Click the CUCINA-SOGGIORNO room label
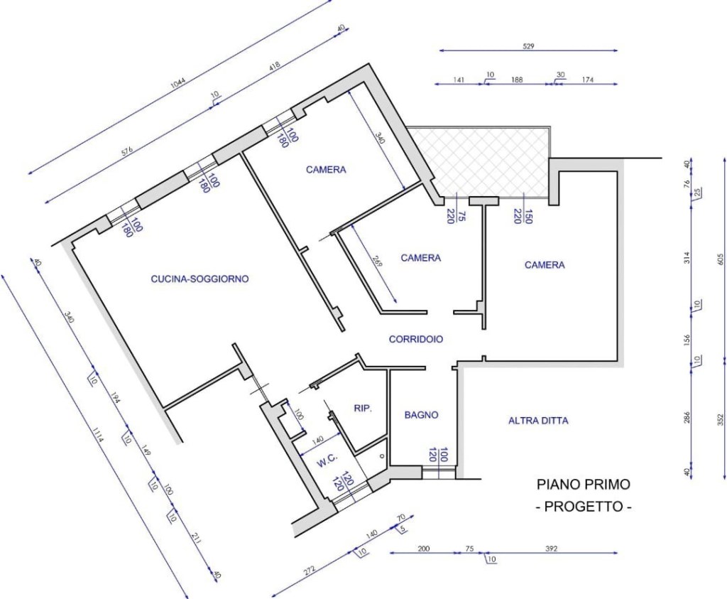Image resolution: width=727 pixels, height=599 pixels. click(x=199, y=279)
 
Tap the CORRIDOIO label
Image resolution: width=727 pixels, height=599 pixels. click(x=416, y=339)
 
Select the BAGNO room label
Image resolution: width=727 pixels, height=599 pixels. click(x=421, y=415)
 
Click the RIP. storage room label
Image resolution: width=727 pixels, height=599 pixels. click(x=363, y=409)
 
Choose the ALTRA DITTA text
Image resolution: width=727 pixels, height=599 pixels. click(x=538, y=421)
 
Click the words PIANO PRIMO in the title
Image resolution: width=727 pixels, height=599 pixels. click(x=584, y=485)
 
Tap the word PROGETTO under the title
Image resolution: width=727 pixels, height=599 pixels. click(x=584, y=506)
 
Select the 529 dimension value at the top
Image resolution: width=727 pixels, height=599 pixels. click(x=528, y=46)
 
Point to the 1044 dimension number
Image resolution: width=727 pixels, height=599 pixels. click(x=178, y=82)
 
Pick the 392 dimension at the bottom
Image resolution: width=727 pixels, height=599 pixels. click(x=551, y=549)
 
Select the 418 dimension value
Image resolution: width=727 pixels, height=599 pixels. click(x=274, y=67)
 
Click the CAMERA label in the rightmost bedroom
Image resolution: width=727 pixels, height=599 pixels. click(x=545, y=265)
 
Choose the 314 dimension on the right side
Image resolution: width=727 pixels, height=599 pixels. click(x=687, y=257)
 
